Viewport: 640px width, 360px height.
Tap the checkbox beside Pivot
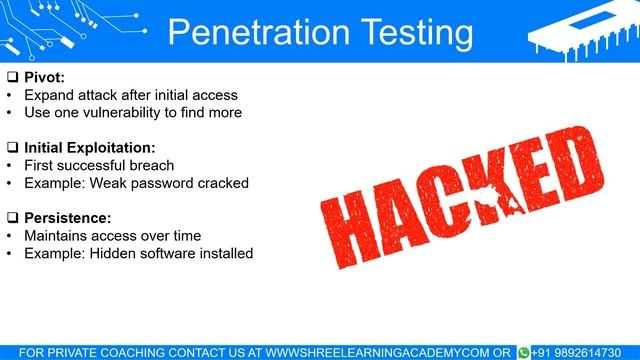[x=12, y=77]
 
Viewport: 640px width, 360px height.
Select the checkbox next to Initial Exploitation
[x=12, y=148]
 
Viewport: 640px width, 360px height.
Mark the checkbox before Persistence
[x=12, y=218]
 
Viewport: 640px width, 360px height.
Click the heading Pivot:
[x=44, y=77]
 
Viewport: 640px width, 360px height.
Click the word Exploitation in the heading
[x=111, y=148]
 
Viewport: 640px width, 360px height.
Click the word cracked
[x=222, y=184]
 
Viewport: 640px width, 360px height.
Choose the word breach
[x=152, y=166]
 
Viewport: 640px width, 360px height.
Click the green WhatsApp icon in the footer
[x=523, y=352]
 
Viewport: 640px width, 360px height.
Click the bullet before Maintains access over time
[x=9, y=236]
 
